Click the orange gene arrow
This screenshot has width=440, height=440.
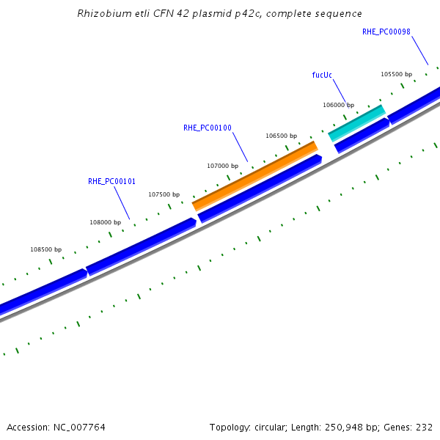tap(254, 176)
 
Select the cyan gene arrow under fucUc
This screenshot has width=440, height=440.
tap(356, 122)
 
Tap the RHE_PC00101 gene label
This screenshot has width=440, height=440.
tap(111, 181)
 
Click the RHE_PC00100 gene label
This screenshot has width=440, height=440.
tap(208, 128)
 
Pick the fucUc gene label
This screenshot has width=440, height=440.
tap(322, 75)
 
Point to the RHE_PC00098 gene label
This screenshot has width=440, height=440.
tap(386, 32)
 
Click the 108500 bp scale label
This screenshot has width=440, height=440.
tap(45, 249)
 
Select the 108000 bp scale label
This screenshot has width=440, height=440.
tap(106, 222)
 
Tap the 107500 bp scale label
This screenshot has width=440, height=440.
tap(164, 194)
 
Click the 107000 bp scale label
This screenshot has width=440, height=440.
tap(223, 166)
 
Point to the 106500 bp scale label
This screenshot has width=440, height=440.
tap(282, 136)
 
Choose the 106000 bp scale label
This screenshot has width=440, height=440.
tap(338, 105)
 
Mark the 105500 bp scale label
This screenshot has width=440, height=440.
tap(396, 74)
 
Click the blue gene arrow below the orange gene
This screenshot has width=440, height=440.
tap(260, 188)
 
